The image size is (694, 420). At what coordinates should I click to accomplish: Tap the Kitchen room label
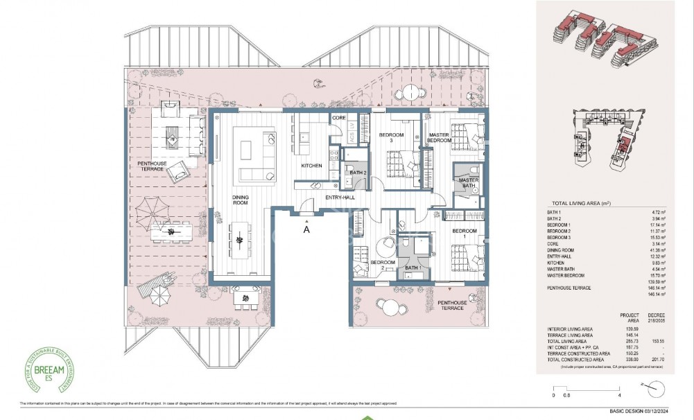[311, 166]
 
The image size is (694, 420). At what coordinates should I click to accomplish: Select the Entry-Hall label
[340, 198]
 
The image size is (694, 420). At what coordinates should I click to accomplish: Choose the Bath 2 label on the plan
[357, 172]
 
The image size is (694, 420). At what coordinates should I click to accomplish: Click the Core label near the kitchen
[339, 119]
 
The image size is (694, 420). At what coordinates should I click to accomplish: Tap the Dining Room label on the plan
[240, 201]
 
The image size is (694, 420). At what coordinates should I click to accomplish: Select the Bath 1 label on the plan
[413, 268]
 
